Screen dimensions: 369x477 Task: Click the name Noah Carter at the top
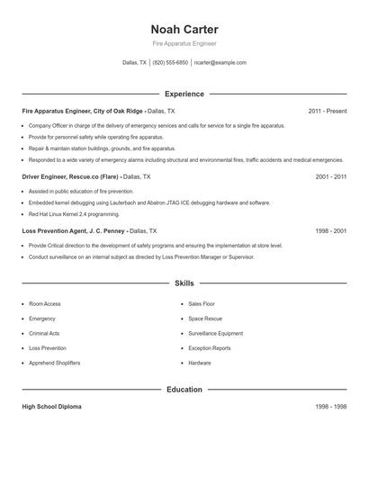point(184,30)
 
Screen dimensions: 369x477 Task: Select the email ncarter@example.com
point(220,63)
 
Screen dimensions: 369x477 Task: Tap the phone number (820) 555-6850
point(170,63)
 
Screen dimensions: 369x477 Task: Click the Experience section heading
point(184,94)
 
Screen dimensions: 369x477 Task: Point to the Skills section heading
point(184,283)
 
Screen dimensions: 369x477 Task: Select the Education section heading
point(184,390)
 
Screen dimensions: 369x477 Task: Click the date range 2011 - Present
point(327,111)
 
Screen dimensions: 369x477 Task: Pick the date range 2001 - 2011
point(330,177)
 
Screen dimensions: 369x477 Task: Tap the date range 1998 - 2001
point(330,230)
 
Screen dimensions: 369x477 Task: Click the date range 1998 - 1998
point(330,407)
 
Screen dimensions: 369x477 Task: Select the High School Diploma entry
point(51,407)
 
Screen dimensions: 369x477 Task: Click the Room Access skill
point(45,304)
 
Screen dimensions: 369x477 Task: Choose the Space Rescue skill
point(205,319)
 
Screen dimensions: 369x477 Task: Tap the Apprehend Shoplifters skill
point(54,363)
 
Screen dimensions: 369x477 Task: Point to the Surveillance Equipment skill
point(215,333)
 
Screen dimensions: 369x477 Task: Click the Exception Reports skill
point(210,348)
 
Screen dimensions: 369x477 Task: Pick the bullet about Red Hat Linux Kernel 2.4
point(73,215)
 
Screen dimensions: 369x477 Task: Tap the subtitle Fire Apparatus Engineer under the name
point(184,43)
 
